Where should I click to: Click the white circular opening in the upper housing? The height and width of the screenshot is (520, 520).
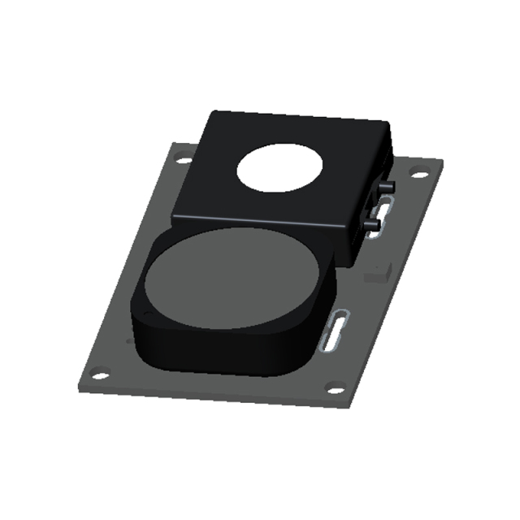pos(279,168)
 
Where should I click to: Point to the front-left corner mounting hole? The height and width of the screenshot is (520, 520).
pos(98,375)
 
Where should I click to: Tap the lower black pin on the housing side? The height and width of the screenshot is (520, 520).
pos(374,222)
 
